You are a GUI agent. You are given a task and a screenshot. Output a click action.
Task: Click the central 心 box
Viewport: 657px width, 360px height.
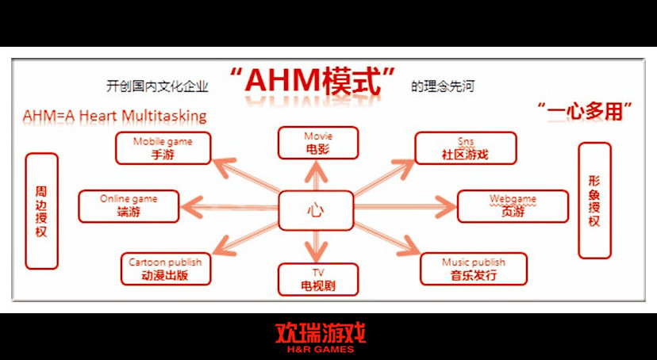pyautogui.click(x=316, y=211)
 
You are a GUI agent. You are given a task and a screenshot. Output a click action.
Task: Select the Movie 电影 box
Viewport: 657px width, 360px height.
pyautogui.click(x=318, y=143)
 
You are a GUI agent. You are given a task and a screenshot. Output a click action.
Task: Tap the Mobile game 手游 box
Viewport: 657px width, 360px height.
pyautogui.click(x=163, y=148)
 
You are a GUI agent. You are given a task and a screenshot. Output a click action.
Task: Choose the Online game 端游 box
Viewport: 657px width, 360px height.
pyautogui.click(x=129, y=206)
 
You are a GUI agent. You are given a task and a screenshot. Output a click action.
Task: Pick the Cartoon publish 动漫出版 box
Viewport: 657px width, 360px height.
pyautogui.click(x=166, y=269)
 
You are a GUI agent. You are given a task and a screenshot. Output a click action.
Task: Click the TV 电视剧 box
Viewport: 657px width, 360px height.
pyautogui.click(x=318, y=279)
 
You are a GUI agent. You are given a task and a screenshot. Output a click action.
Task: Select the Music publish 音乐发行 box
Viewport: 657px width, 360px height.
pyautogui.click(x=474, y=269)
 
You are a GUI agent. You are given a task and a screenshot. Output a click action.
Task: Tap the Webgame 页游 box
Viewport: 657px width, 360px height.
pyautogui.click(x=513, y=206)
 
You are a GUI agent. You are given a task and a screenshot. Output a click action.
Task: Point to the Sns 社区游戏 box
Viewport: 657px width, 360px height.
pyautogui.click(x=466, y=148)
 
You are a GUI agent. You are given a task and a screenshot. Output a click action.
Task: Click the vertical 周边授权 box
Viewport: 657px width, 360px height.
pyautogui.click(x=41, y=211)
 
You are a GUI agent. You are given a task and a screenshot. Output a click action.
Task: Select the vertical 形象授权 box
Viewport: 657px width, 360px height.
pyautogui.click(x=594, y=201)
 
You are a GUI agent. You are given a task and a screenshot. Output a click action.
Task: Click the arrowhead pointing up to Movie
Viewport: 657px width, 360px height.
pyautogui.click(x=317, y=171)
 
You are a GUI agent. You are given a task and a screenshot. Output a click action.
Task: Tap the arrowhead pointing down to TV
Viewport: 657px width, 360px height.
pyautogui.click(x=317, y=251)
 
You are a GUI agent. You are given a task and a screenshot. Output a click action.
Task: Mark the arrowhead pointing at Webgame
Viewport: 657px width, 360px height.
pyautogui.click(x=445, y=206)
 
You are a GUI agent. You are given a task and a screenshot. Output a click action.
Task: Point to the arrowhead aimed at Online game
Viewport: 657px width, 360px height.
pyautogui.click(x=192, y=206)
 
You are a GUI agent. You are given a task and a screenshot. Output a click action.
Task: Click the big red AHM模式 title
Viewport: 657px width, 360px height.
pyautogui.click(x=313, y=81)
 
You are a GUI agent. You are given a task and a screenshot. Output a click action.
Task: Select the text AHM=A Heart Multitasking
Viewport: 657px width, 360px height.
pyautogui.click(x=114, y=116)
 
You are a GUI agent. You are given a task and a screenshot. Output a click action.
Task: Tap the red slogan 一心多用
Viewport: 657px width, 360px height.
pyautogui.click(x=585, y=111)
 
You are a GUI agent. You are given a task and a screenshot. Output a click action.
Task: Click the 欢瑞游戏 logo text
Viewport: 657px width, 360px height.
pyautogui.click(x=321, y=334)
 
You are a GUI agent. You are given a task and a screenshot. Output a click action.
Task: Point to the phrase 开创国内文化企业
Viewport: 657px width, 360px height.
pyautogui.click(x=157, y=86)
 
